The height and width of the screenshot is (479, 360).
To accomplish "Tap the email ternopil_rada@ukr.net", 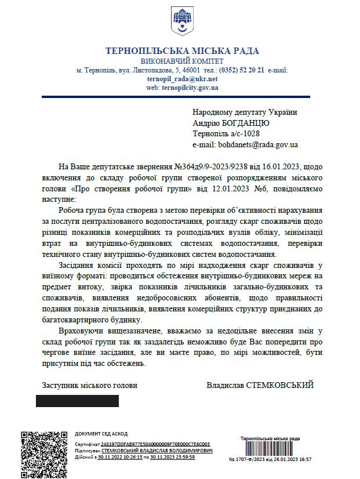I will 182,78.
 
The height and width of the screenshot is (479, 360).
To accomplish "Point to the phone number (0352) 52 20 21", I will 240,70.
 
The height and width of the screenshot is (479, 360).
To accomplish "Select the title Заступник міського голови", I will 90,384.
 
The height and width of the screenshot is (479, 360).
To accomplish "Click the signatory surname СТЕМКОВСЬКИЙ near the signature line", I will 281,384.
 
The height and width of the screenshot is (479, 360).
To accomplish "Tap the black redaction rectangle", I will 77,401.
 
